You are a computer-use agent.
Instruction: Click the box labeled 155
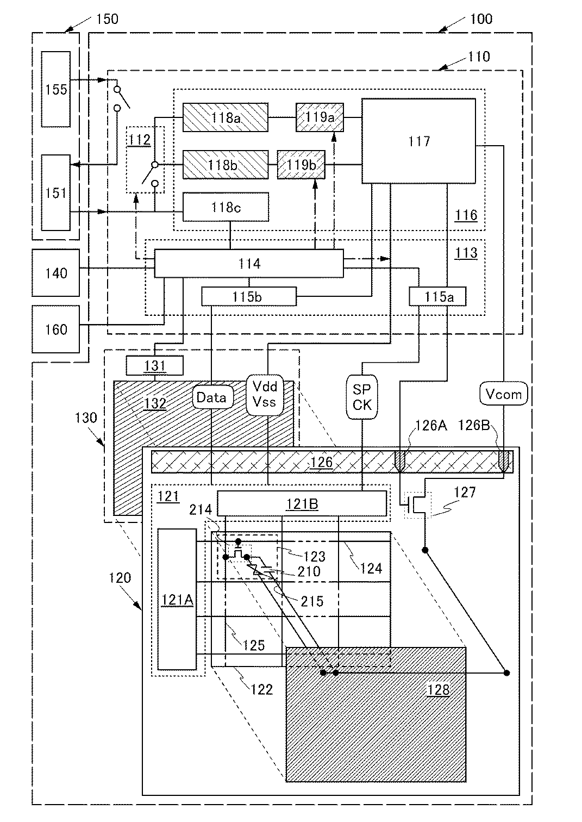coord(56,89)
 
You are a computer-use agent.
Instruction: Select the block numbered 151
coord(56,192)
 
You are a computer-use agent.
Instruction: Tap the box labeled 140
coord(56,273)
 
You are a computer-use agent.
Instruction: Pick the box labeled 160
coord(56,329)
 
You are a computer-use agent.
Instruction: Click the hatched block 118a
coord(226,117)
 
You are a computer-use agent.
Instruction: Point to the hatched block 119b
coord(301,165)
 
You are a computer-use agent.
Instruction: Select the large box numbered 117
coord(419,141)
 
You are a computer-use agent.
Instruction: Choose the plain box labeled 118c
coord(226,207)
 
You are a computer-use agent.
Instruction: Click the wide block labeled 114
coord(249,264)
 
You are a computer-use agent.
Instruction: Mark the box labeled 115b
coord(249,296)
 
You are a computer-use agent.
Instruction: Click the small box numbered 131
coord(155,365)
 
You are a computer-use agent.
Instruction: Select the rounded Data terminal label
coord(211,397)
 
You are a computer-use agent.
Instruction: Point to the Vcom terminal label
coord(504,394)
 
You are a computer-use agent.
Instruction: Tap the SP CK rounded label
coord(362,397)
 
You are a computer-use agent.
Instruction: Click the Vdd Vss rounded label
coord(265,395)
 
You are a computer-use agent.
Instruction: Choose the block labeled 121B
coord(302,504)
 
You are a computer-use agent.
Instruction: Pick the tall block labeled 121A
coord(177,600)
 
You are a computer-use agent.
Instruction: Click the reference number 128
coord(439,690)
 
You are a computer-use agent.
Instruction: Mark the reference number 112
coord(139,140)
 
